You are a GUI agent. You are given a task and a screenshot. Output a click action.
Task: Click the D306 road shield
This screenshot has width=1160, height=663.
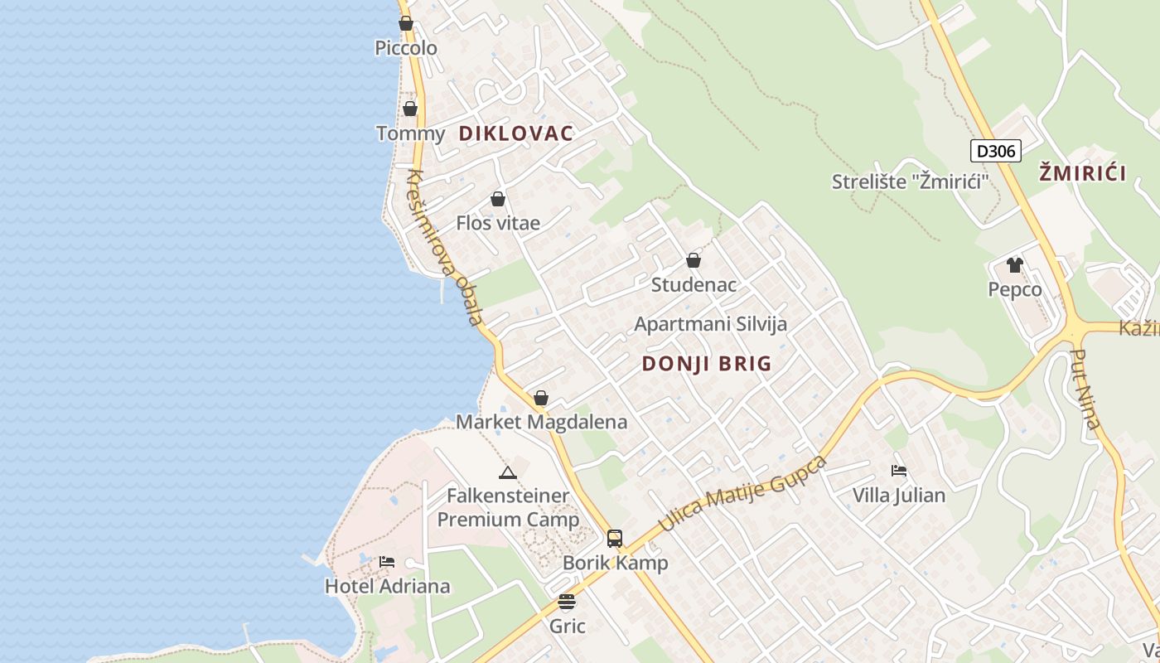[x=995, y=151]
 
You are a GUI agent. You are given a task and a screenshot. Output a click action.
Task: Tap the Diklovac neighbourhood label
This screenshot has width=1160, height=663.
[x=515, y=133]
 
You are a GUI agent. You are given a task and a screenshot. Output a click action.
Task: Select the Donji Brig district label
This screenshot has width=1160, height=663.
[x=707, y=363]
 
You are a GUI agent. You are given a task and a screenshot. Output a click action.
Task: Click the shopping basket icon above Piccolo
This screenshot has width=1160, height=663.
[x=406, y=23]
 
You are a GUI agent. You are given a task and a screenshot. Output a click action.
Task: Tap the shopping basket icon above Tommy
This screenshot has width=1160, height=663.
[x=409, y=109]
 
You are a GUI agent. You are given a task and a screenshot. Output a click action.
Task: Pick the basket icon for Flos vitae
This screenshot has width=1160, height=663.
[x=498, y=199]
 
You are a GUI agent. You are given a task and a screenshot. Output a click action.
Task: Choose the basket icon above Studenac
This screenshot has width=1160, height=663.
[x=694, y=260]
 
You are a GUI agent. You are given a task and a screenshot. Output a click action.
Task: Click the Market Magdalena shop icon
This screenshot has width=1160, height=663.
[x=541, y=398]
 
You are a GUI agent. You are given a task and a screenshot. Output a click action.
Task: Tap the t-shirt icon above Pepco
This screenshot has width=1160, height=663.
[x=1014, y=265]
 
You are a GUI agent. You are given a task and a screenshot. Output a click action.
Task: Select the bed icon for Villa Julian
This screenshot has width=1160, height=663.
[x=899, y=471]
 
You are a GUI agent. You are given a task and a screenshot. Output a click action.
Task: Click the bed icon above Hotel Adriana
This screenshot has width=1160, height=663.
[x=387, y=562]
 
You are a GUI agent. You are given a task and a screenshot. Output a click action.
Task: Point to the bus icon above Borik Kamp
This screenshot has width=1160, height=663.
[x=615, y=539]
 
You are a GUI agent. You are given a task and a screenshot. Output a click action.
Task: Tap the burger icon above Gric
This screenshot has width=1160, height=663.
[x=567, y=602]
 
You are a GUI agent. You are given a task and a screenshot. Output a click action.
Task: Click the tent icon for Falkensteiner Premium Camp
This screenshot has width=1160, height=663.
[x=508, y=472]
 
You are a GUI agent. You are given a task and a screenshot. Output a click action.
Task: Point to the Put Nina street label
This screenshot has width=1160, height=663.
[x=1085, y=390]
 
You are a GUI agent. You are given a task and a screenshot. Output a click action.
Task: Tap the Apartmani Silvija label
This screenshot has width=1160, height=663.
[x=710, y=324]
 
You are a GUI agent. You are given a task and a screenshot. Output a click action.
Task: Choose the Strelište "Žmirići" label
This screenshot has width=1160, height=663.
[x=911, y=181]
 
